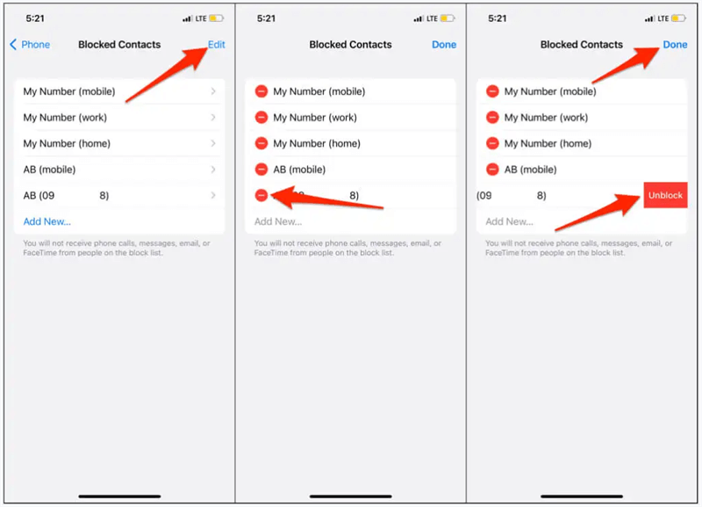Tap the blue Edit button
coord(216,45)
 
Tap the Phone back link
coord(30,45)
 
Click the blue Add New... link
coord(47,221)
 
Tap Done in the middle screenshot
coord(444,45)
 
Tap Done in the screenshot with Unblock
coord(675,45)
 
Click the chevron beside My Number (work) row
coord(213,118)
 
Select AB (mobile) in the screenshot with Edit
coord(49,170)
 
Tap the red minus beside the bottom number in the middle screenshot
coord(261,195)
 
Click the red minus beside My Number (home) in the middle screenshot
coord(261,143)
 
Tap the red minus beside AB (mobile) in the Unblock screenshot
coord(492,170)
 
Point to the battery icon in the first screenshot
coord(216,18)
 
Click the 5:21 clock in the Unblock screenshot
coord(497,18)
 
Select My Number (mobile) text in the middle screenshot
coord(319,91)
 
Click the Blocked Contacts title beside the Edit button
coord(119,45)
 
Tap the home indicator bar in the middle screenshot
coord(350,496)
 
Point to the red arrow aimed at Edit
coord(166,75)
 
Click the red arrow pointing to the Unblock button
coord(598,213)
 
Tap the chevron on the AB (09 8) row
coord(213,195)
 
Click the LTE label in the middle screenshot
coord(432,18)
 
